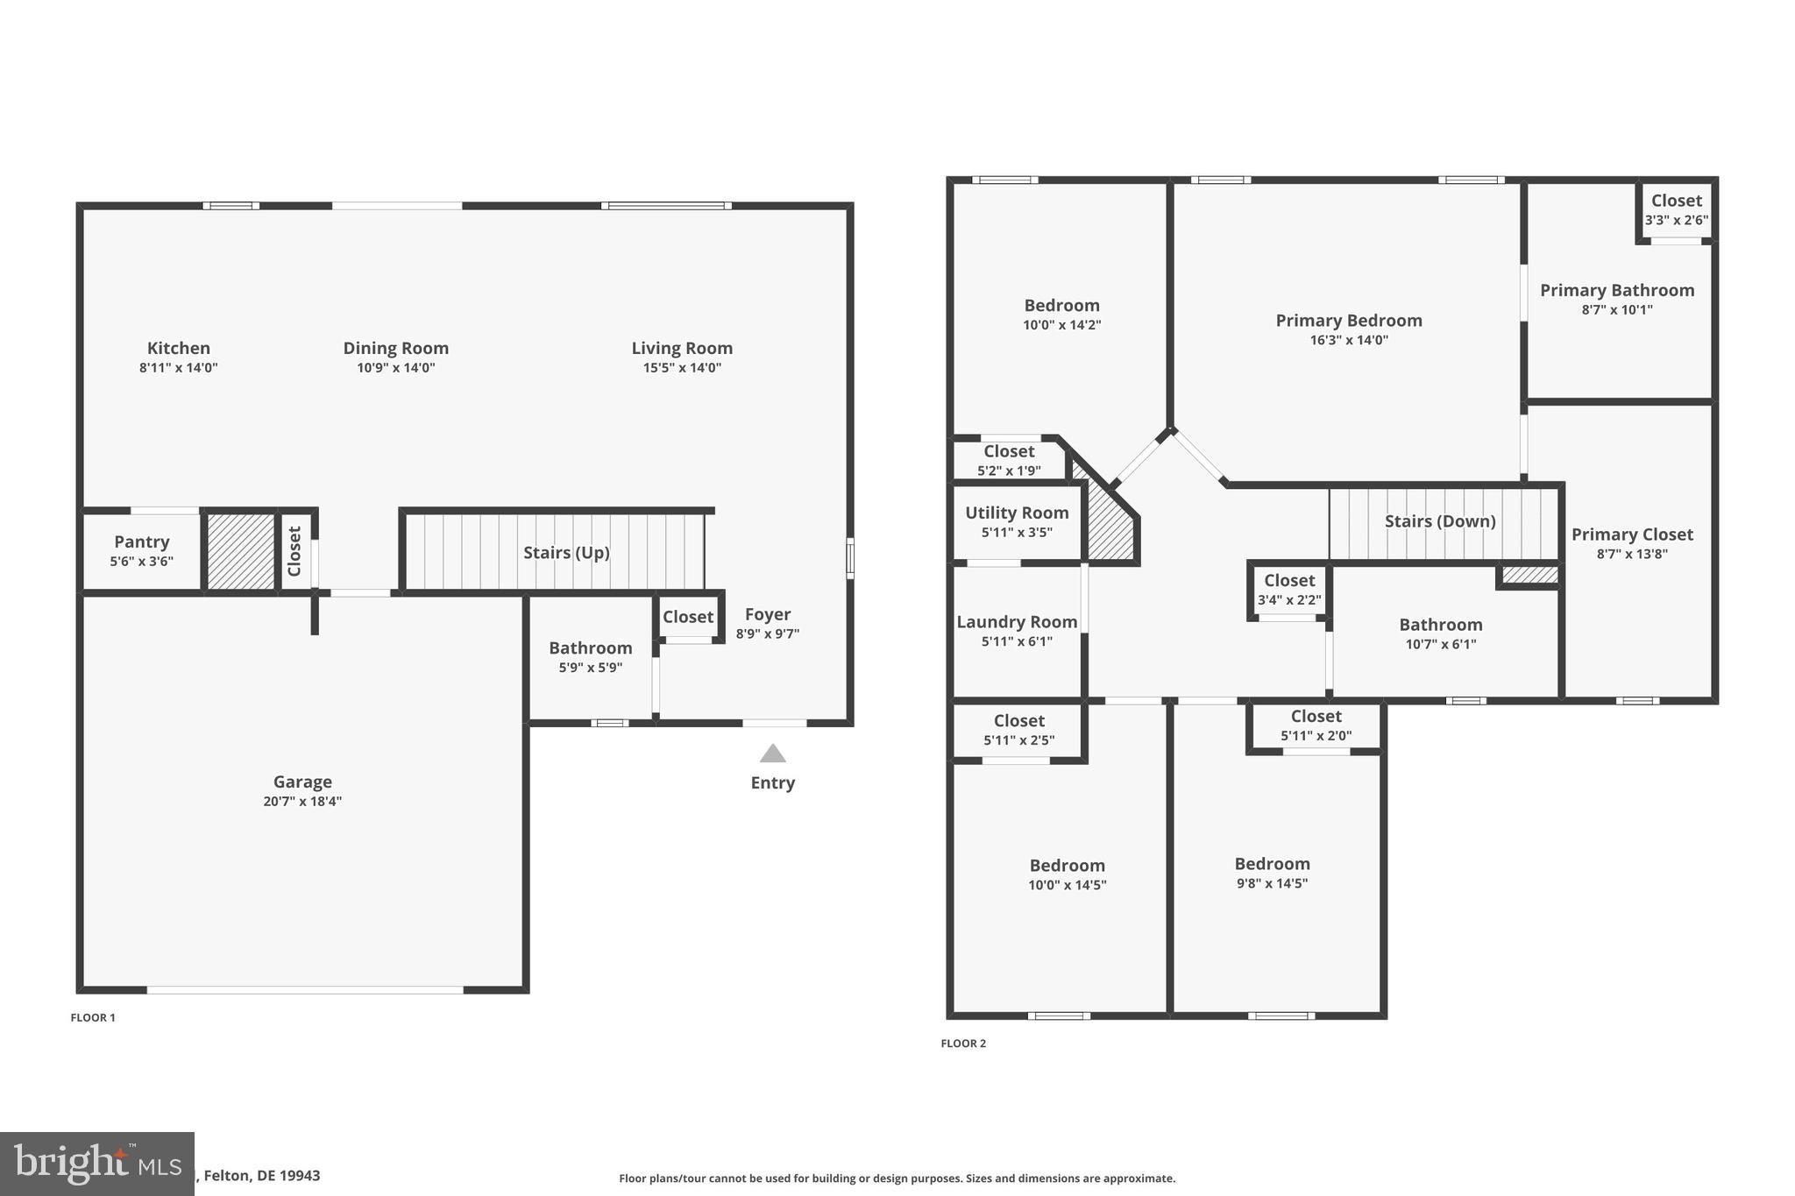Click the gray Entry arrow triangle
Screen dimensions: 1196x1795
(x=772, y=754)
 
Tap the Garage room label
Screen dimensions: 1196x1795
(x=302, y=782)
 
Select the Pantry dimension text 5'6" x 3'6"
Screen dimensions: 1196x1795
(x=141, y=562)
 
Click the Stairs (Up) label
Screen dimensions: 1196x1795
(x=566, y=553)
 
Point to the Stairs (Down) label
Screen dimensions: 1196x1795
(x=1439, y=521)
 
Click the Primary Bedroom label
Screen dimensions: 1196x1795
(x=1348, y=321)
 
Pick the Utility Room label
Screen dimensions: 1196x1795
(x=1017, y=513)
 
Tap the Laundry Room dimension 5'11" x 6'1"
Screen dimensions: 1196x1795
(x=1017, y=641)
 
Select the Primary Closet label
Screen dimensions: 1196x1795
(x=1631, y=534)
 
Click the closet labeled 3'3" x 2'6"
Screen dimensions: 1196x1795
(x=1676, y=209)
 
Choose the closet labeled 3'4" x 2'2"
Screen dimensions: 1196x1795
(x=1288, y=589)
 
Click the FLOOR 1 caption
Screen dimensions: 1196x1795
(x=93, y=1017)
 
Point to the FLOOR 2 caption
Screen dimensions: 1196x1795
(x=963, y=1043)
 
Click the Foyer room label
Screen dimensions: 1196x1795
(x=767, y=614)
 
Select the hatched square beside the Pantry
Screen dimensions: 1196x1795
(x=241, y=551)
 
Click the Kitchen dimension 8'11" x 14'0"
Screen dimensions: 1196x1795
(x=178, y=368)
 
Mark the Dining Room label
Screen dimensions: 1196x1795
(x=395, y=348)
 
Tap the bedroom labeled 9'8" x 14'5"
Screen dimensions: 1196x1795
(x=1272, y=873)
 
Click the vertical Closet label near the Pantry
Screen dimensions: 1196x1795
(x=294, y=551)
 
